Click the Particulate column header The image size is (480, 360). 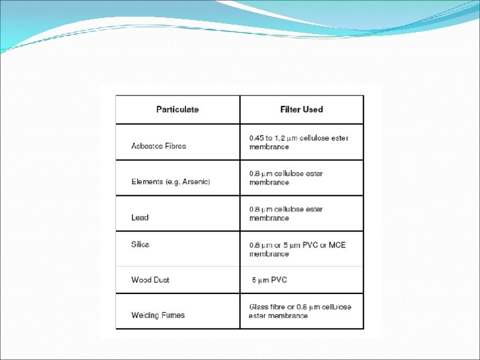pos(177,109)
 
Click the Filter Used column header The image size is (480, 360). pos(301,109)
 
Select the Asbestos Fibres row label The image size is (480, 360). pos(159,146)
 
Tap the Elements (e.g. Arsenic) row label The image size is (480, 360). pos(171,182)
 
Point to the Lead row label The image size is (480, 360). pos(140,217)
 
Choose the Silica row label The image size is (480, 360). pos(141,244)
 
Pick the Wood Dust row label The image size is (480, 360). pos(151,280)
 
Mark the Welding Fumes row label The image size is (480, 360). pos(158,315)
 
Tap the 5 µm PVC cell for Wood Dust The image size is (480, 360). pos(269,280)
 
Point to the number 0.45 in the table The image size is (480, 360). pos(257,138)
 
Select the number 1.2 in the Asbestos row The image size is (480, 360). pos(285,138)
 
